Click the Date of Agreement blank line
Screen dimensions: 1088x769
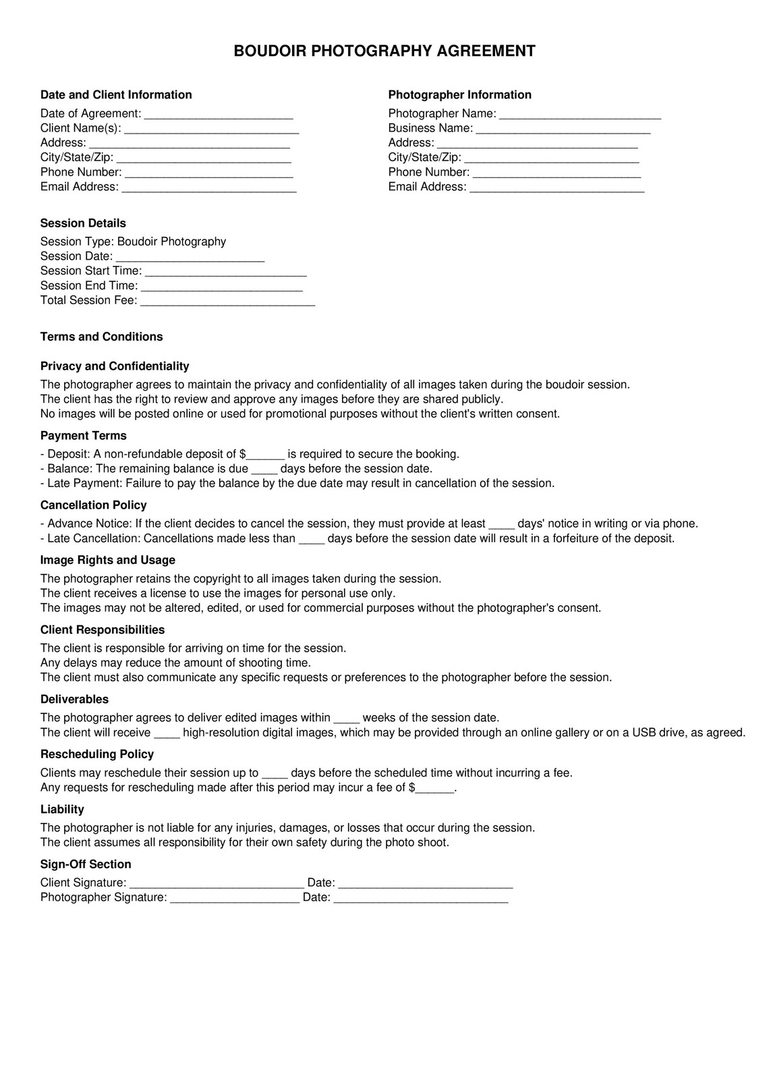(219, 114)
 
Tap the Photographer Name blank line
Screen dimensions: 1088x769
(580, 114)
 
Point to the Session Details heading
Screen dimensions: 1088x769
(83, 223)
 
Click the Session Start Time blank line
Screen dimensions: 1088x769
(226, 271)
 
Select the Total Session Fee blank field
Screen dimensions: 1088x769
(227, 301)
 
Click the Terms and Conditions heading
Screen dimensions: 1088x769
(101, 337)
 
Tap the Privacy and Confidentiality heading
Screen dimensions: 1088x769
(115, 366)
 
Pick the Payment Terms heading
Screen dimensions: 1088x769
(83, 436)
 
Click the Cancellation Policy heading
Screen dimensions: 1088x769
(93, 505)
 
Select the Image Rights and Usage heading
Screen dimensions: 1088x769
(107, 561)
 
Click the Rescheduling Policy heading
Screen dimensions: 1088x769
(96, 754)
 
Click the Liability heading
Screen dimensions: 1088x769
(62, 809)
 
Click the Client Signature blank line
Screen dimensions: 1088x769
(217, 884)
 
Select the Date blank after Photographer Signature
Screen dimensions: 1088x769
(421, 898)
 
